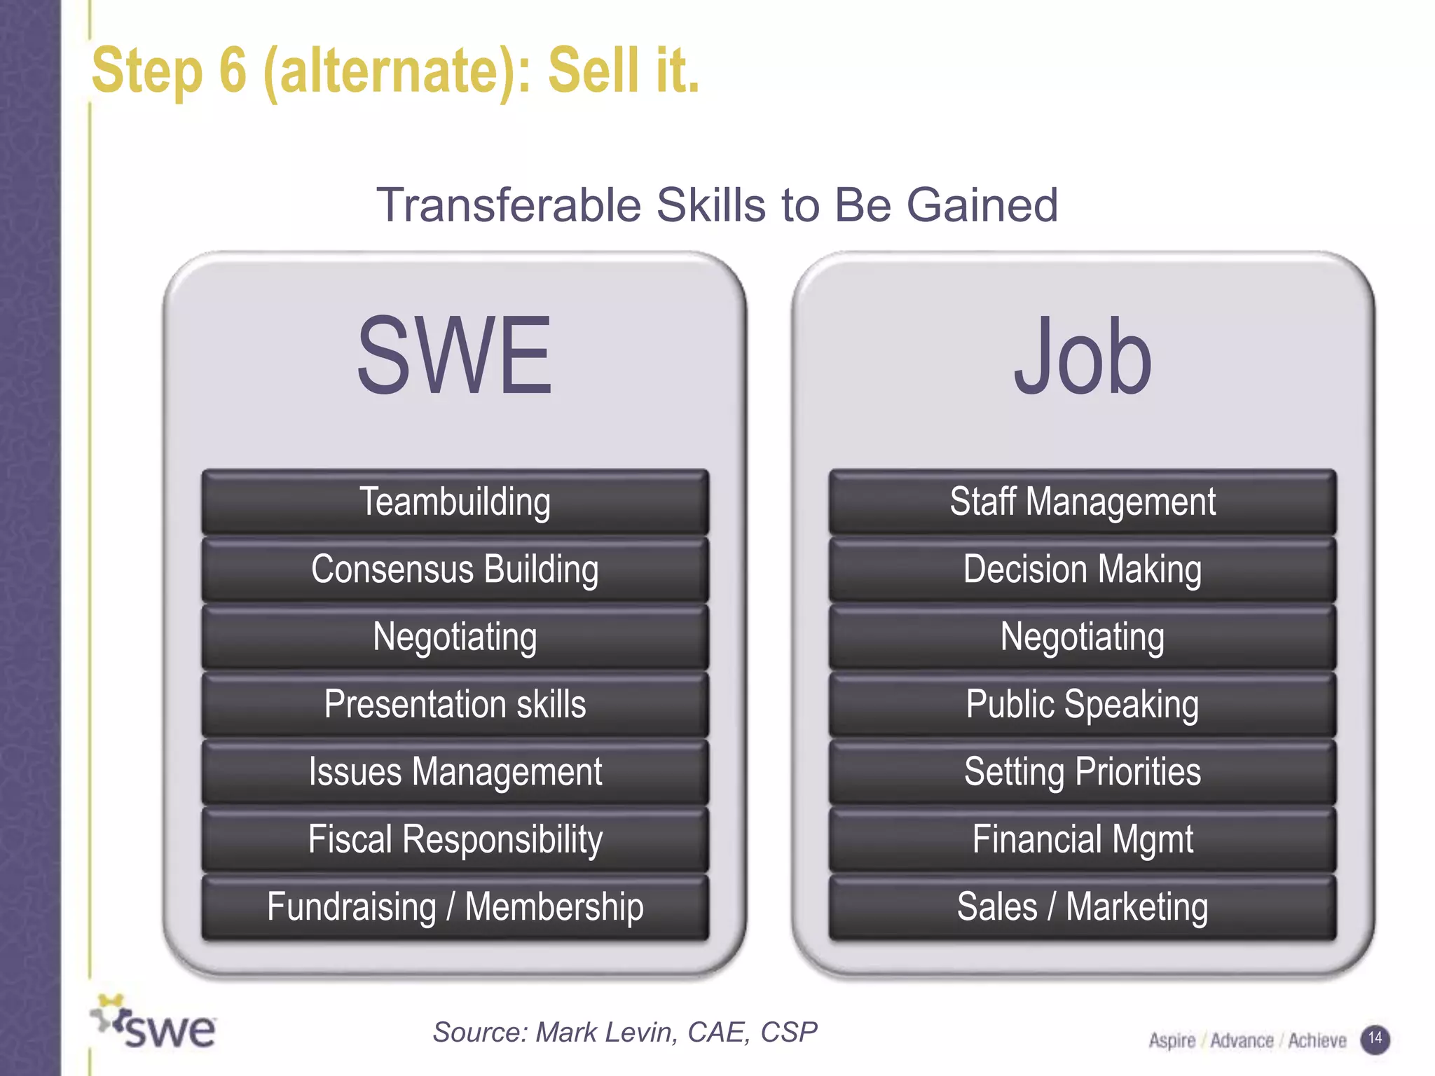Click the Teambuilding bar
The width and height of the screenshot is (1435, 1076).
(x=455, y=502)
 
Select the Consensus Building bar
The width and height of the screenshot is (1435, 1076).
(x=455, y=569)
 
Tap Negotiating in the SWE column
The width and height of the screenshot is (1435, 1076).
(x=455, y=637)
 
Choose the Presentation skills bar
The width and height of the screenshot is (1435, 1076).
(x=455, y=704)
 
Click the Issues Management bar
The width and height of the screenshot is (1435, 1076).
(x=455, y=772)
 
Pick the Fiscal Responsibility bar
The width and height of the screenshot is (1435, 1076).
(x=455, y=839)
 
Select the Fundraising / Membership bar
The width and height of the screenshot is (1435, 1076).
(x=455, y=907)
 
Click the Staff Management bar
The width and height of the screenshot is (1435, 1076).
(x=1083, y=502)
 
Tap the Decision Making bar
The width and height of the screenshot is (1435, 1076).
(x=1083, y=569)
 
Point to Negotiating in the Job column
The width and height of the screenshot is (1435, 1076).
(x=1083, y=637)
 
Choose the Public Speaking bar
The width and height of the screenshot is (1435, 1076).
(x=1083, y=704)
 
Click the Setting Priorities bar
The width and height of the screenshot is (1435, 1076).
(x=1083, y=772)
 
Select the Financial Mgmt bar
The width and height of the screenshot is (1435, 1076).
(x=1083, y=839)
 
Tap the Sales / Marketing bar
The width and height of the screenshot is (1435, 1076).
(x=1083, y=907)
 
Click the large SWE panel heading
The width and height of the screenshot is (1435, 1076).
(x=455, y=355)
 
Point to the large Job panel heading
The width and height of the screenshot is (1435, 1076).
(x=1083, y=355)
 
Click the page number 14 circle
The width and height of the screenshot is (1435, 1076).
(x=1375, y=1038)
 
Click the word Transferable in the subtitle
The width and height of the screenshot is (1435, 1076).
(x=509, y=205)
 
